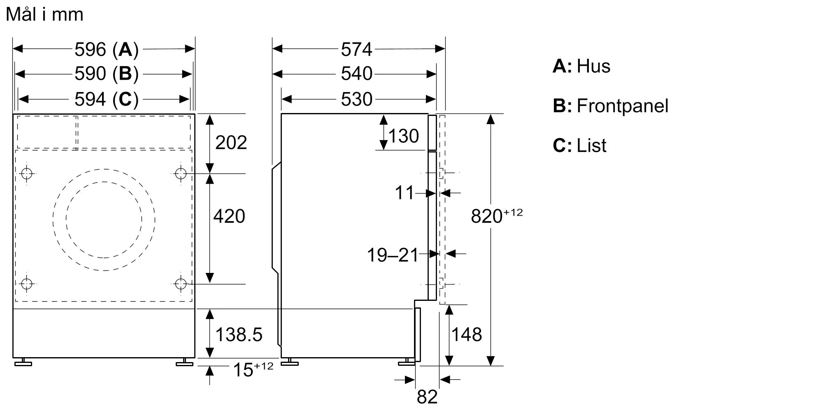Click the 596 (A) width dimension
pyautogui.click(x=106, y=49)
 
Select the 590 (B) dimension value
pyautogui.click(x=106, y=74)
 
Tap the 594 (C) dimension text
pyautogui.click(x=106, y=99)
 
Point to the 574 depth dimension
pyautogui.click(x=356, y=49)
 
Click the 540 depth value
pyautogui.click(x=356, y=74)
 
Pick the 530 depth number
pyautogui.click(x=356, y=99)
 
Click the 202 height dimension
pyautogui.click(x=231, y=143)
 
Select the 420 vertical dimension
pyautogui.click(x=229, y=216)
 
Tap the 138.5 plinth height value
pyautogui.click(x=239, y=335)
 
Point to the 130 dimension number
pyautogui.click(x=403, y=136)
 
